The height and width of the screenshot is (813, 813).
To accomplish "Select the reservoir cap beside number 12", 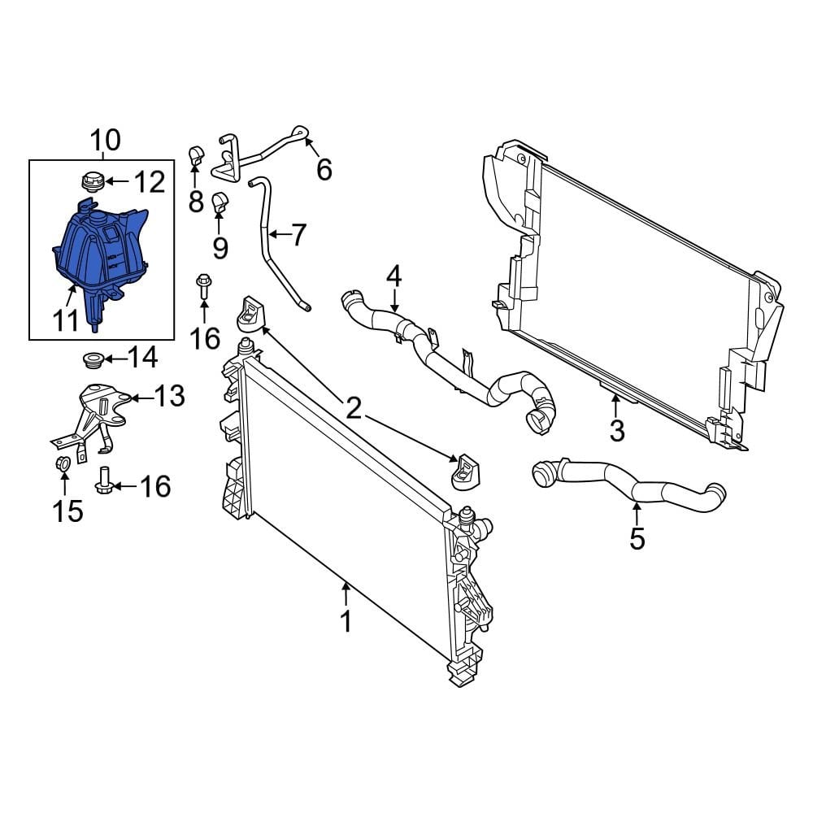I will point(90,180).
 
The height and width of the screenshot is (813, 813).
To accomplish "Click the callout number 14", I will point(142,357).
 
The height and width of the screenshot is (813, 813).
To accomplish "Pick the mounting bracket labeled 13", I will point(98,411).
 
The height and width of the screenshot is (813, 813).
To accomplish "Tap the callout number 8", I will point(195,202).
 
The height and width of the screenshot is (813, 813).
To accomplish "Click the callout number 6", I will point(324,170).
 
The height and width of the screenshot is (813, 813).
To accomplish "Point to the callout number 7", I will point(298,235).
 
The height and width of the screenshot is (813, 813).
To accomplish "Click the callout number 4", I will point(393,276).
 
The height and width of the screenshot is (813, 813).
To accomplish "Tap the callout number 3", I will point(617,430).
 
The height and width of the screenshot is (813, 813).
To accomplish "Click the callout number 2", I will point(353,408).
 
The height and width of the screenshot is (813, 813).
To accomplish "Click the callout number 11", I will point(67,320).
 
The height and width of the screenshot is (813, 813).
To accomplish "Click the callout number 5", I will point(637,537).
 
